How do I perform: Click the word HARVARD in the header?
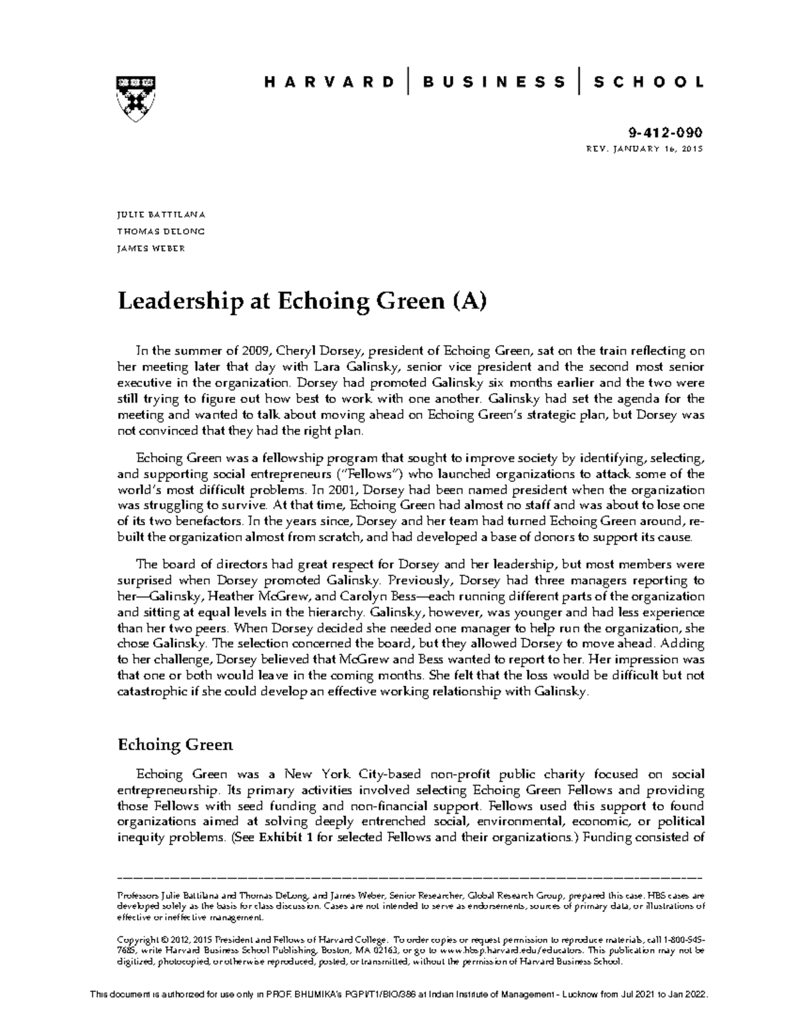pyautogui.click(x=329, y=83)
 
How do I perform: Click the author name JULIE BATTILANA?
pyautogui.click(x=161, y=215)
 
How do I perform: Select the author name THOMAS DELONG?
pyautogui.click(x=160, y=232)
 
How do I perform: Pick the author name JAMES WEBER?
pyautogui.click(x=150, y=249)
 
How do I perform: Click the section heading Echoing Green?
pyautogui.click(x=175, y=744)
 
